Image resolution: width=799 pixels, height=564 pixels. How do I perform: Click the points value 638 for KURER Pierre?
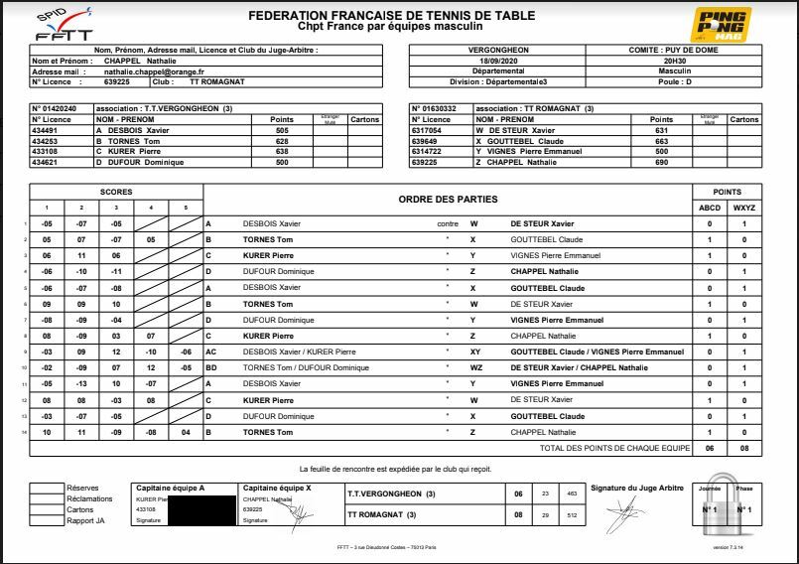tap(281, 151)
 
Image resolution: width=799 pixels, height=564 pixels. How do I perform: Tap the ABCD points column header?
tap(710, 208)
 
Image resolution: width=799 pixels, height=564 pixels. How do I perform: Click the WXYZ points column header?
tap(744, 208)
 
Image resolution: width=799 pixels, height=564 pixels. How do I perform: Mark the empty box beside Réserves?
tap(46, 488)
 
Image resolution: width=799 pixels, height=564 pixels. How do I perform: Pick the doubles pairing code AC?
tap(210, 352)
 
